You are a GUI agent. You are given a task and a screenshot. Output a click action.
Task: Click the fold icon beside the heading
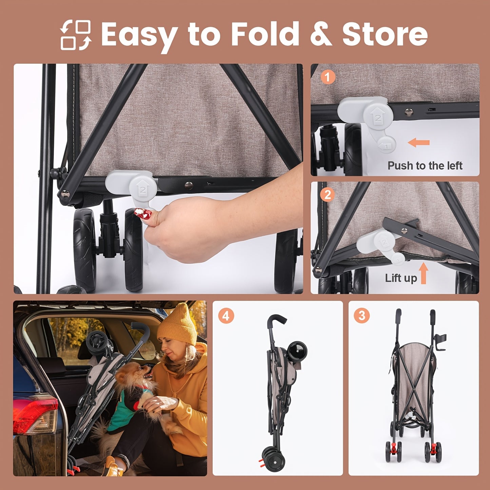[x=76, y=35]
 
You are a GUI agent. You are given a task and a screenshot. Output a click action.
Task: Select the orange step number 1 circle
[x=327, y=77]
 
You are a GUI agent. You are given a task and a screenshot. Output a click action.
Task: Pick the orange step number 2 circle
[x=327, y=195]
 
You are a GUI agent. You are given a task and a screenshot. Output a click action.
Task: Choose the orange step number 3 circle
[x=362, y=316]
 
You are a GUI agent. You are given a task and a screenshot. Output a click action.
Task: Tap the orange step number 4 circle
[x=226, y=316]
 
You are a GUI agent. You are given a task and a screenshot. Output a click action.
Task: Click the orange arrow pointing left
[x=419, y=142]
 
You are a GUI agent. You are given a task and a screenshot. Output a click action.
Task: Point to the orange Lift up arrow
[x=424, y=273]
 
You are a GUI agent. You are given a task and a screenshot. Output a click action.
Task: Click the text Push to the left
[x=425, y=165]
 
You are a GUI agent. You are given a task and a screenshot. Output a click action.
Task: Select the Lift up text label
[x=401, y=278]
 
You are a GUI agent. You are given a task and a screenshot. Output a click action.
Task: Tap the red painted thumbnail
[x=143, y=213]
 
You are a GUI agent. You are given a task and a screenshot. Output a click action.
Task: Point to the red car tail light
[x=35, y=415]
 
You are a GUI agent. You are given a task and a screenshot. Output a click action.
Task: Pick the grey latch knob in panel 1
[x=378, y=117]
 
